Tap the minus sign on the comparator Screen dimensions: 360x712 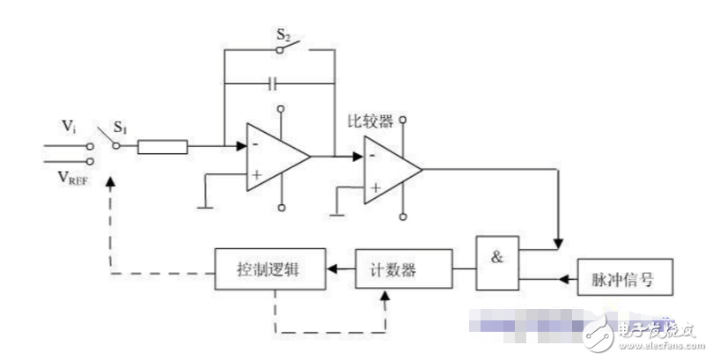click(x=374, y=157)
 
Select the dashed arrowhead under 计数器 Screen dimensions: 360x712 click(x=385, y=297)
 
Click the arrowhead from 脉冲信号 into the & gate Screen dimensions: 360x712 click(x=526, y=281)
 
